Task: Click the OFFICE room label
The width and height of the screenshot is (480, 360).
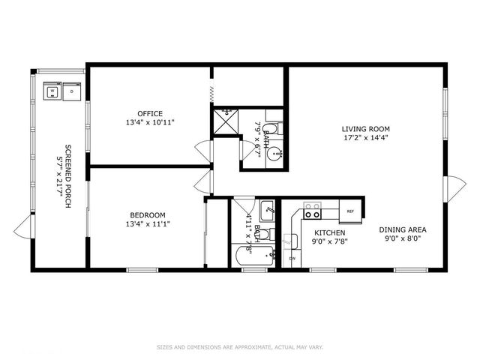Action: (x=149, y=113)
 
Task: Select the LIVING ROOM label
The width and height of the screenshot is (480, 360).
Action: (x=366, y=129)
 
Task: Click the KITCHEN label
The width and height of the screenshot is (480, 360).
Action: (x=328, y=233)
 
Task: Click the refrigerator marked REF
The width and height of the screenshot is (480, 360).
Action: (x=349, y=211)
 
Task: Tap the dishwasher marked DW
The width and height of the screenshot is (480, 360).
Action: (x=292, y=259)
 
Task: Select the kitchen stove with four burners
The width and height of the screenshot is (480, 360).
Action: (x=312, y=209)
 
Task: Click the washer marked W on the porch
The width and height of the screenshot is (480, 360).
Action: (x=52, y=92)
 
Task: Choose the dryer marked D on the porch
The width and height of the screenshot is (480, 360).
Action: (x=72, y=92)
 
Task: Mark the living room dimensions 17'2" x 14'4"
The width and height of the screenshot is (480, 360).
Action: (x=366, y=138)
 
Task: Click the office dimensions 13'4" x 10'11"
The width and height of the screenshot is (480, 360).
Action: (x=150, y=122)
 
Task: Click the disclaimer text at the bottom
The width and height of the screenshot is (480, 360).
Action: (x=239, y=346)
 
